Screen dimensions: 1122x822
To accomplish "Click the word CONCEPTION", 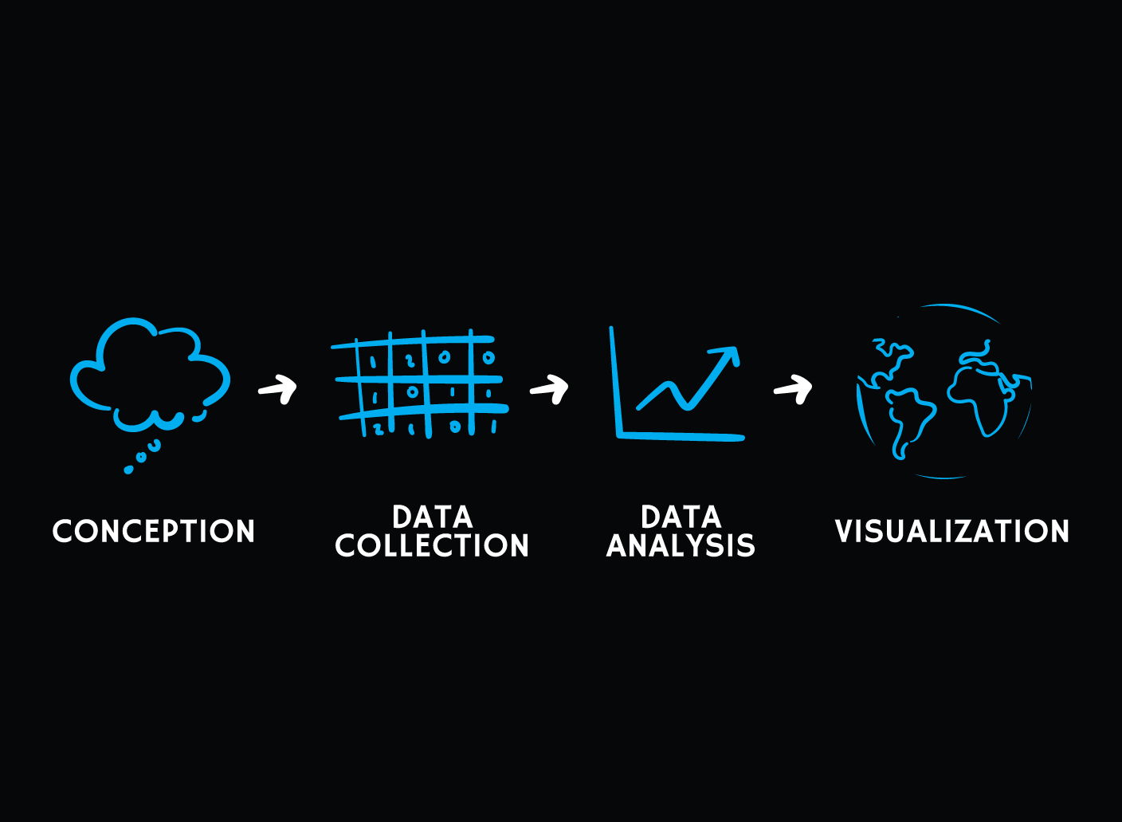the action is pos(153,531).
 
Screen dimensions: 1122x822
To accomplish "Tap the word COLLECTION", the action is pos(432,545).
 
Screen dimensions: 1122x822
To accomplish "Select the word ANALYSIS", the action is pos(681,545).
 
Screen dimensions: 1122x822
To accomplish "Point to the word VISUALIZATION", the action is pos(951,531).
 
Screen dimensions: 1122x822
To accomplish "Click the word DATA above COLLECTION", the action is pos(432,517).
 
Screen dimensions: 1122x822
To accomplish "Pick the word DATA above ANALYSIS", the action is pos(681,517).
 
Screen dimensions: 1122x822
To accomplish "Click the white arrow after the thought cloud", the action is pos(278,389).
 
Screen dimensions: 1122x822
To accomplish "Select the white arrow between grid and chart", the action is pos(550,389).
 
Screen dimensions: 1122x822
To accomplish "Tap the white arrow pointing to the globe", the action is pos(793,389).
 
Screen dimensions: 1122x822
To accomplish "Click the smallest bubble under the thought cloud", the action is pos(128,470).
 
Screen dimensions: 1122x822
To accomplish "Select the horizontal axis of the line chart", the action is pos(681,436).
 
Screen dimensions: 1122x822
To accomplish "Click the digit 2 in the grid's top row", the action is pos(410,361).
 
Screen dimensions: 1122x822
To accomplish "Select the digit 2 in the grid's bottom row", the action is pos(379,429).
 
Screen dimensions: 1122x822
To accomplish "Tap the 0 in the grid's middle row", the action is pos(412,392).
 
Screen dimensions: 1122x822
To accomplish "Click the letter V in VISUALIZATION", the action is pos(843,531).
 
